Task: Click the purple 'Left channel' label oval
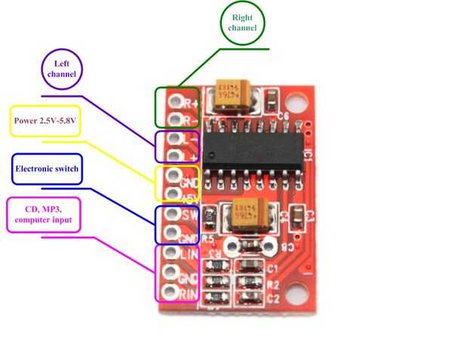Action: point(62,69)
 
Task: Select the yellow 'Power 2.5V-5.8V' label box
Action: point(45,120)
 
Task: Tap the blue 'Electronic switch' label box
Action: point(46,168)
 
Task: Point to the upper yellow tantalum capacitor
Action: point(235,97)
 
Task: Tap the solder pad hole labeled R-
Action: point(173,119)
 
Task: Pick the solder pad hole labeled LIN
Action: point(171,253)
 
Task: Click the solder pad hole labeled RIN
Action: point(171,291)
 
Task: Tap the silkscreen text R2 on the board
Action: point(272,285)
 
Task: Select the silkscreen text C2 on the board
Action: point(272,298)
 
